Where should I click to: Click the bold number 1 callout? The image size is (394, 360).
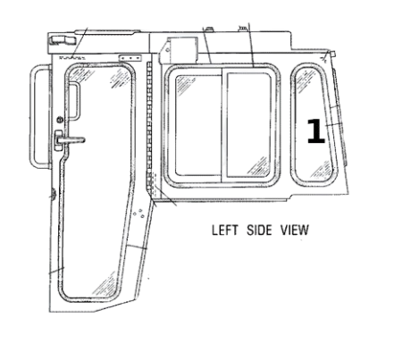coord(316,131)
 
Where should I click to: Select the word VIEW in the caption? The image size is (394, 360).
coord(294,230)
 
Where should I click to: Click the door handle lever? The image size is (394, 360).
coord(71,139)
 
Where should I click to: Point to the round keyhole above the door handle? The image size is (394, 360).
coord(60,120)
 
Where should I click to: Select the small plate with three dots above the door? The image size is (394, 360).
coord(130,58)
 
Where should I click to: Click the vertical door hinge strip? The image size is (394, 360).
coord(149,125)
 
